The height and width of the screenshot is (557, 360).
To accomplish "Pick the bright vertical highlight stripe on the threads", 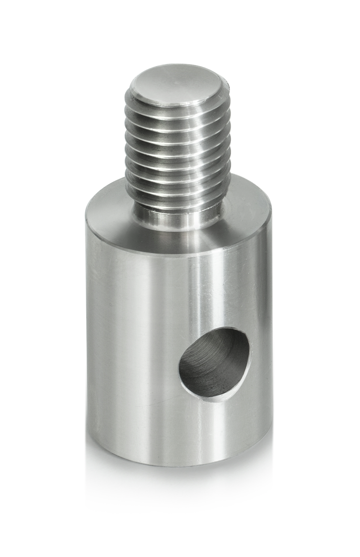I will [192, 152].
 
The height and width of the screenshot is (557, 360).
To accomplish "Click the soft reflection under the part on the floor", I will [178, 492].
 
